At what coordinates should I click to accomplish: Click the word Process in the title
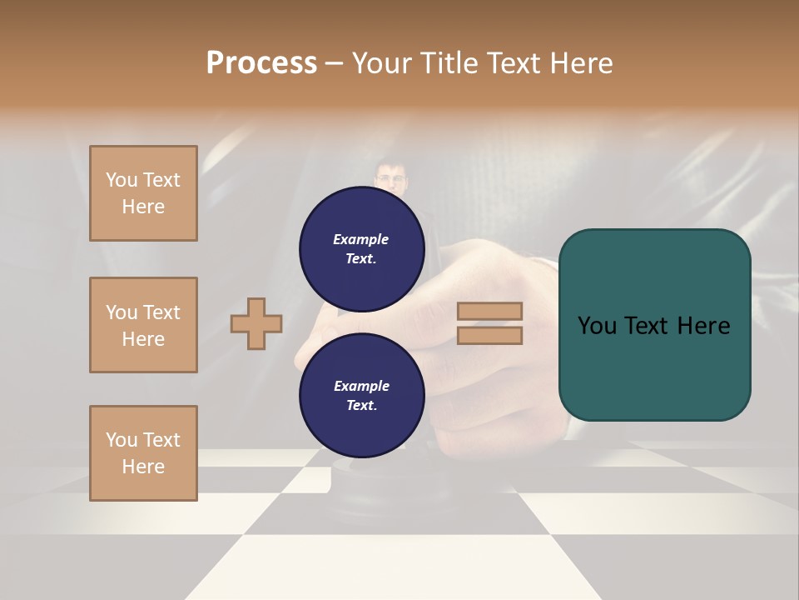(261, 62)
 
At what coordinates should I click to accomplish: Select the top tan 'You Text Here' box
(143, 193)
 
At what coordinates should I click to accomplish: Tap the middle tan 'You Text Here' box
(143, 325)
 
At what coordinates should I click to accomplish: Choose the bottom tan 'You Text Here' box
(143, 453)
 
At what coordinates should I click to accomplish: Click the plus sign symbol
(256, 324)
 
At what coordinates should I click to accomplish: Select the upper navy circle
(361, 249)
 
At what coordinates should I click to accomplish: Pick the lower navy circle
(361, 396)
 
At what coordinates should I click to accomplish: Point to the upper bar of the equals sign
(490, 311)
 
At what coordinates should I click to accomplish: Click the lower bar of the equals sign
(490, 336)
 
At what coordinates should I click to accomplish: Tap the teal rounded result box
(654, 325)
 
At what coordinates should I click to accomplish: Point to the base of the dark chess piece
(366, 492)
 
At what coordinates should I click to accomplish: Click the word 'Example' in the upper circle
(361, 239)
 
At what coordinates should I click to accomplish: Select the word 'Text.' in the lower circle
(361, 406)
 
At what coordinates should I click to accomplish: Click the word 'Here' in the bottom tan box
(143, 467)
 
